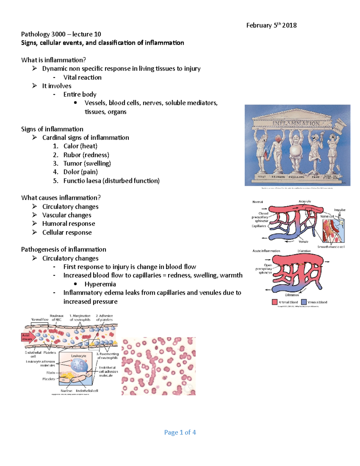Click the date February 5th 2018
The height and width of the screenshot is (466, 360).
pos(271,25)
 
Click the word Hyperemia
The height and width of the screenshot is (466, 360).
pos(100,284)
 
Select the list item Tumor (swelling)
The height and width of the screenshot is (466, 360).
pos(87,163)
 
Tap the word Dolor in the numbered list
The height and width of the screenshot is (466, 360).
pos(71,172)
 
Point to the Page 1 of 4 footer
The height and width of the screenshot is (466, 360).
pos(180,432)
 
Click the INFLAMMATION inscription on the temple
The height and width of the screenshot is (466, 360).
pos(296,123)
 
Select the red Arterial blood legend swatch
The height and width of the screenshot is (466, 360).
pos(274,302)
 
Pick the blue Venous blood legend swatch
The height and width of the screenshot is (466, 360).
pos(304,302)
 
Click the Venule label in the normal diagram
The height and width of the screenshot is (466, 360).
pos(303,242)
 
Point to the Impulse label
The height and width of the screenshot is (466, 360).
pos(340,210)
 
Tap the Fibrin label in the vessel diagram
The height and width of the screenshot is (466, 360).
pos(51,373)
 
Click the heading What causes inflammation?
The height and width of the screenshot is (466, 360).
pos(61,198)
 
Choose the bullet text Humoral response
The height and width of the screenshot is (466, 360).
pos(68,224)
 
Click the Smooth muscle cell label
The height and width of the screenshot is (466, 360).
pos(331,247)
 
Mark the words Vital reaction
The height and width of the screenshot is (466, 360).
pos(82,77)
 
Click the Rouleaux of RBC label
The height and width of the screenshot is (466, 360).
pos(56,317)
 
